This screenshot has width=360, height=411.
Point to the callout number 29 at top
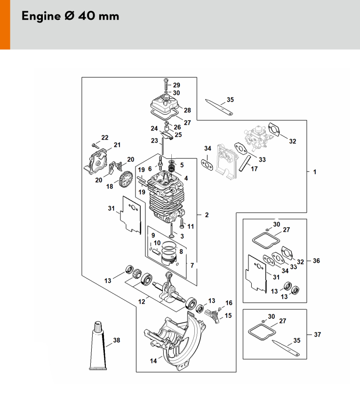[x=176, y=85]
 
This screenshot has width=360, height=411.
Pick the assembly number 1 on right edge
[x=315, y=172]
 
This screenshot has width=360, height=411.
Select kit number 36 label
[x=316, y=261]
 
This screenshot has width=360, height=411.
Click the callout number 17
[x=254, y=168]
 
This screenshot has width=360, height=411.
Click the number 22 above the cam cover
[x=104, y=137]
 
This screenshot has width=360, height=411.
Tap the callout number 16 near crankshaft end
[x=229, y=303]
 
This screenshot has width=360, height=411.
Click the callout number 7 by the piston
[x=192, y=265]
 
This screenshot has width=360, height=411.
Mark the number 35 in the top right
[x=230, y=100]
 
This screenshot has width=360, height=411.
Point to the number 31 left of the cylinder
[x=111, y=208]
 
